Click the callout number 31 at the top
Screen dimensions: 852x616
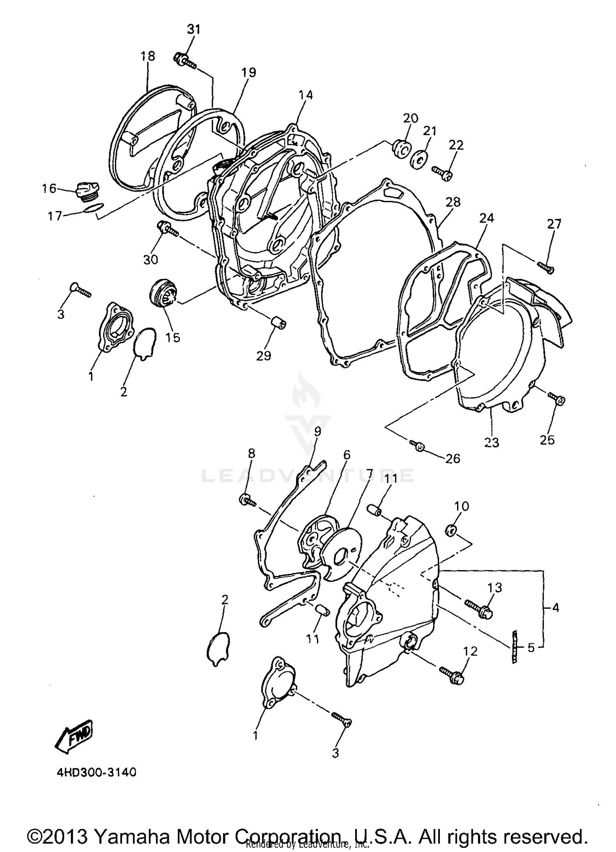[193, 30]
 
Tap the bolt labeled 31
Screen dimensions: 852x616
[185, 61]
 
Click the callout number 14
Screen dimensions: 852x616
[306, 95]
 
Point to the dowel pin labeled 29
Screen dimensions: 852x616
[278, 323]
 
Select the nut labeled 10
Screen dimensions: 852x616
[450, 532]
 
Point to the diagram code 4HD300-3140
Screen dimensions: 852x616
[96, 772]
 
